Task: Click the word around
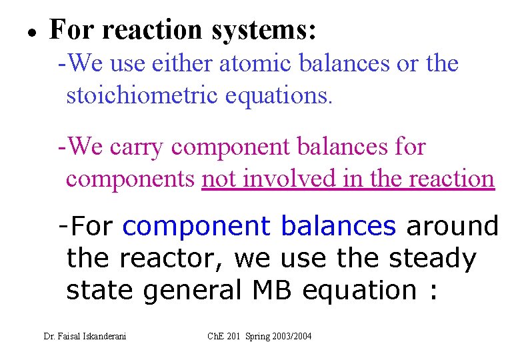click(453, 227)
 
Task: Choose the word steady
click(438, 259)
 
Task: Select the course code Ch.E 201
click(225, 336)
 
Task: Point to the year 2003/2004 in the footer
click(293, 336)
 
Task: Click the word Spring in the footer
click(259, 336)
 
